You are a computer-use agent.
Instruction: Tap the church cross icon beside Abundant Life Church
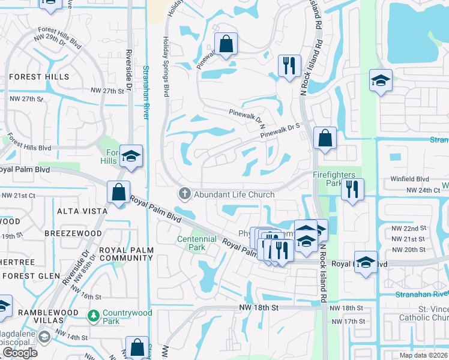(184, 194)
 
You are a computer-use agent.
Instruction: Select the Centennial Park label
(196, 243)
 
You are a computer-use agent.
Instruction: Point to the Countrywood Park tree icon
(94, 314)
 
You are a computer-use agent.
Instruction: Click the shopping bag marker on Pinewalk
(226, 44)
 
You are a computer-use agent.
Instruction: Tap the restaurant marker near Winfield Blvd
(352, 190)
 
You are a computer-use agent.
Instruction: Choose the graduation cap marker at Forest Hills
(131, 157)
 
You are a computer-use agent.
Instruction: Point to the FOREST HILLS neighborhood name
(34, 77)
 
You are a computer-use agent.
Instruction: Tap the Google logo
(20, 353)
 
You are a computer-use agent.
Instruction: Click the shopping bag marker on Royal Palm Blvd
(119, 193)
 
